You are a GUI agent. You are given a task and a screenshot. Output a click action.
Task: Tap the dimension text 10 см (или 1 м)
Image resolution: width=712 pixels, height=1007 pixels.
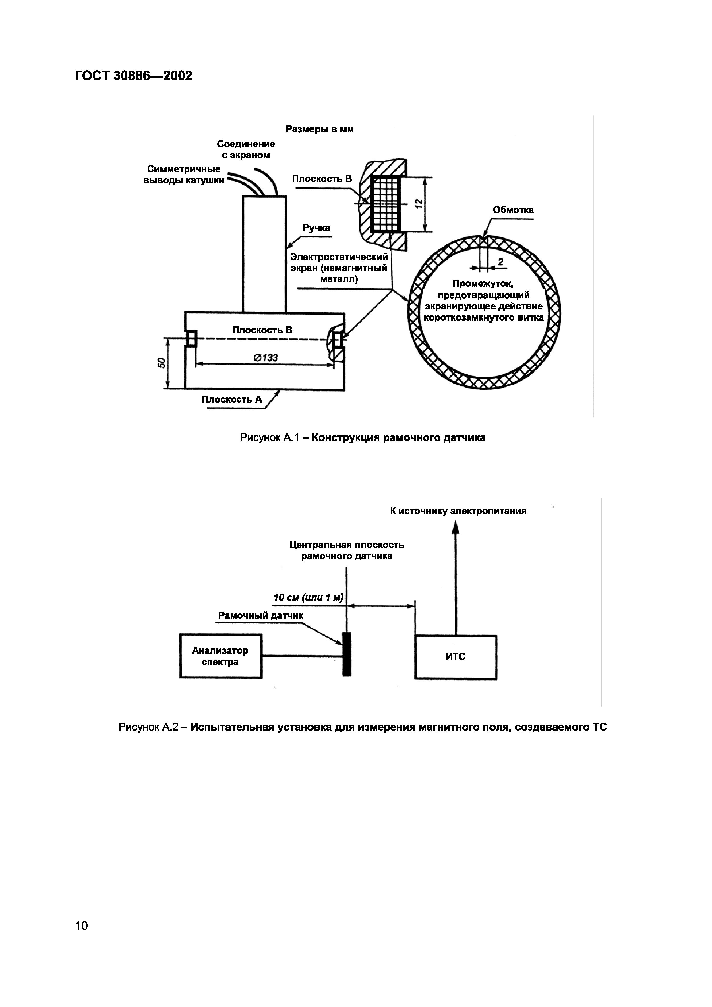[x=308, y=597]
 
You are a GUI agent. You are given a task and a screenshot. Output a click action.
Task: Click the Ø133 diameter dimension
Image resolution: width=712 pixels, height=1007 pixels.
[x=265, y=357]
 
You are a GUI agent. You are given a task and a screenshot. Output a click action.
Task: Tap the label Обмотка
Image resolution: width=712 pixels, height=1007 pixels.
[x=513, y=210]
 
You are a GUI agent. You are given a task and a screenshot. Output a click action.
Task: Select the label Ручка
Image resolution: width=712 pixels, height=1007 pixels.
[x=316, y=228]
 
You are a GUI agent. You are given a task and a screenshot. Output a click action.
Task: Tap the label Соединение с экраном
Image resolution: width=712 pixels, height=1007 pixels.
[x=246, y=150]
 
